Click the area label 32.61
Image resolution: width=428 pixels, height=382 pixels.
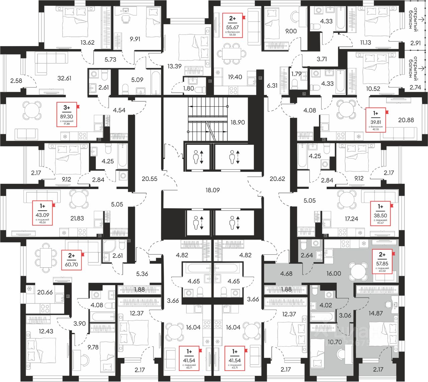point(65,78)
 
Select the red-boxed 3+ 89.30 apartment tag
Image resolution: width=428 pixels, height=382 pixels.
point(67,115)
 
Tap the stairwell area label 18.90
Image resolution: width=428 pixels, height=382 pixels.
point(237,122)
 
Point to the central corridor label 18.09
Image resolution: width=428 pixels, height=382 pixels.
point(213,190)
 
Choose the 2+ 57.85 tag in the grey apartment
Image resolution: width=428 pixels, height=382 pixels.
point(382,261)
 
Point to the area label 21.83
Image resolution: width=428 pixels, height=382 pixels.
point(77,218)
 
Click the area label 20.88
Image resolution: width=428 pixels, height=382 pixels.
point(406,120)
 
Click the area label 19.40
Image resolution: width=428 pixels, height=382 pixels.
point(234,77)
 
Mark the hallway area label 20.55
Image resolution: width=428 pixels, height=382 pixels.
point(149,179)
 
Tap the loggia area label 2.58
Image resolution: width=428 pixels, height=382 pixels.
point(16,81)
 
